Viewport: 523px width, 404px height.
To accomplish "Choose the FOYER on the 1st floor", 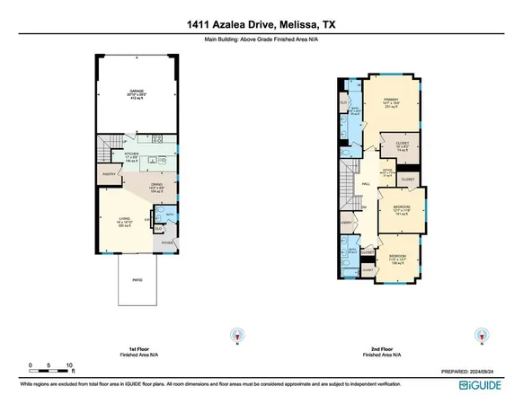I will pyautogui.click(x=164, y=242).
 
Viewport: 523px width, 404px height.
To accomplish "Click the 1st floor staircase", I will pyautogui.click(x=110, y=145).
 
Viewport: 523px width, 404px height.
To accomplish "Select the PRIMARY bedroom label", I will pyautogui.click(x=391, y=101).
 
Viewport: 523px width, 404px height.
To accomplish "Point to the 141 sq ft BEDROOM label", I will pyautogui.click(x=401, y=210).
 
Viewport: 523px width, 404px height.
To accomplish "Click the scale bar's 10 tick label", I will pyautogui.click(x=69, y=364).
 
